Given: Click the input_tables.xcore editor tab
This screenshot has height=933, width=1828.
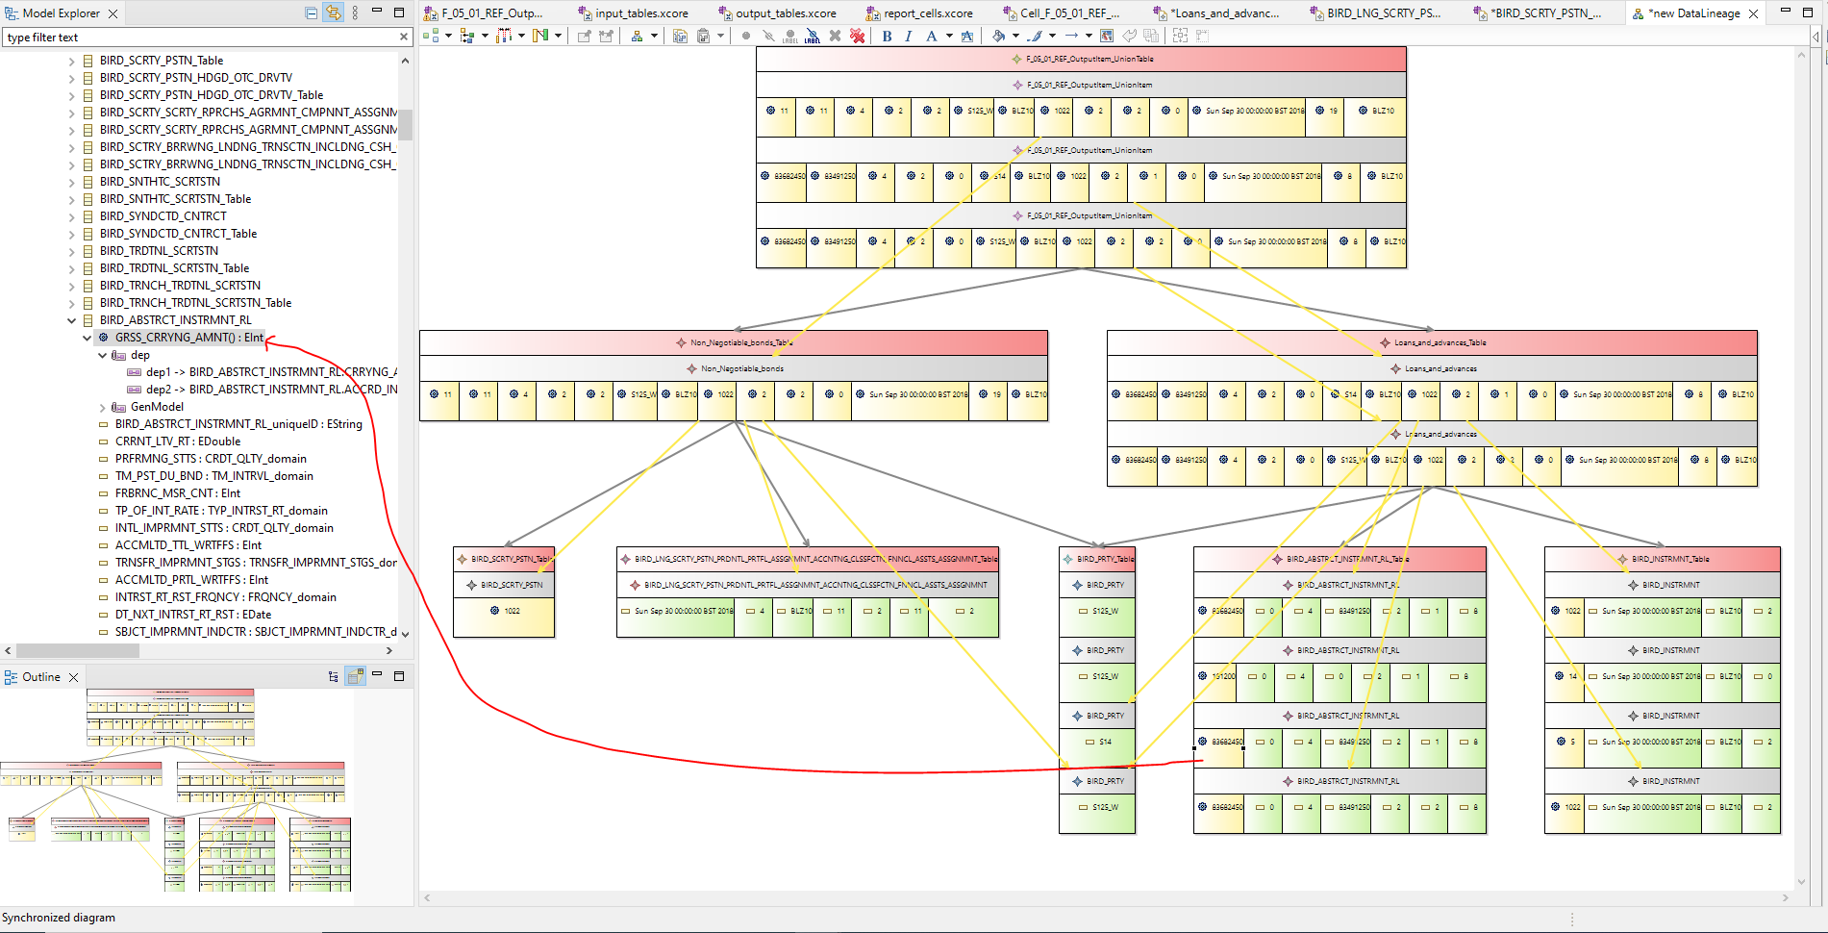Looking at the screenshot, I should pos(640,13).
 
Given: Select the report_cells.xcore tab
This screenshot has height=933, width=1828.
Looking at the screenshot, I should pos(927,13).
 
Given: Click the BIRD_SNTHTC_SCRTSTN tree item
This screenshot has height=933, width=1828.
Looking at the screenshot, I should pos(160,182).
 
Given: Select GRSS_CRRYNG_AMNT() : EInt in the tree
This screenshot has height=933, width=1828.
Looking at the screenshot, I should pos(188,338).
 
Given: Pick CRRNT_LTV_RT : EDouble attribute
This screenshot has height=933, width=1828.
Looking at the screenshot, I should pos(178,441).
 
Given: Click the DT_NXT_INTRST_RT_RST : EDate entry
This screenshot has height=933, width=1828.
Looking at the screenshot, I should pos(192,615).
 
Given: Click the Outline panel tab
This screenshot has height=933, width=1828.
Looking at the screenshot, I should pos(40,677).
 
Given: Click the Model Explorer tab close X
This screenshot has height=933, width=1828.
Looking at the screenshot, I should pos(113,13).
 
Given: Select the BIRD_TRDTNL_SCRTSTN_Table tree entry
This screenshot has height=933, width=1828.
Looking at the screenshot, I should pos(174,268).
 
